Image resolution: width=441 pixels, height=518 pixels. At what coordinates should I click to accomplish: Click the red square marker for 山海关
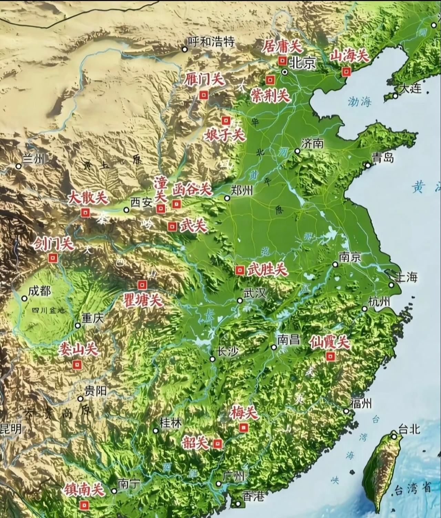tap(346, 71)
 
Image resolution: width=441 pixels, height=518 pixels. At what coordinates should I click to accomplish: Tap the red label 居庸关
tap(281, 46)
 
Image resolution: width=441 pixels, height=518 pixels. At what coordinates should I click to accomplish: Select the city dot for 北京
tap(285, 72)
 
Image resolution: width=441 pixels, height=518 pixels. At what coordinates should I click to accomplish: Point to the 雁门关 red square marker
tap(204, 95)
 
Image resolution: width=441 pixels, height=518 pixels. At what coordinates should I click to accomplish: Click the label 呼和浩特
tap(211, 42)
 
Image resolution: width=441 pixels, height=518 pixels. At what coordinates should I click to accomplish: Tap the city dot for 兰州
tap(19, 166)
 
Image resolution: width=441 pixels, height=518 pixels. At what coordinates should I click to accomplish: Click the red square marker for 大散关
tap(85, 213)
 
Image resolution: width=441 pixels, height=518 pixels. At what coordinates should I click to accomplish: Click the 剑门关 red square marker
tap(53, 258)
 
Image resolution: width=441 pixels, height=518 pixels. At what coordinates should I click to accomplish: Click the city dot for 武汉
tap(240, 301)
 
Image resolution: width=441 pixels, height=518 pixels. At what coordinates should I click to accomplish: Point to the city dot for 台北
tap(394, 437)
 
